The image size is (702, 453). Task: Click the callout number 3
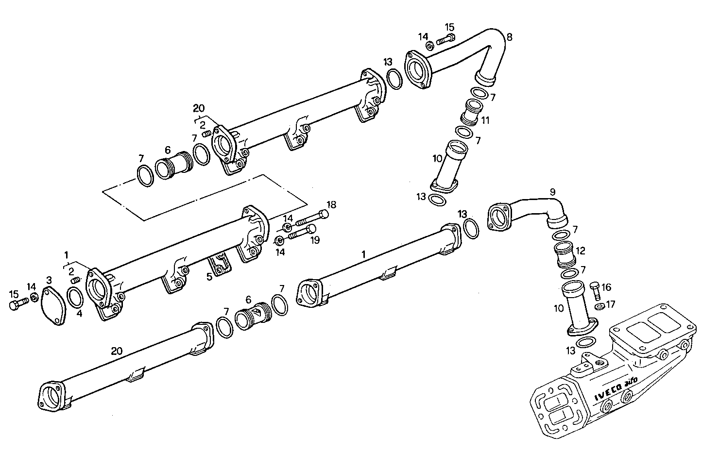coord(49,280)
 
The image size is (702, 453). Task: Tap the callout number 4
coord(79,313)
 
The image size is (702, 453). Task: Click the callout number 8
coord(509,36)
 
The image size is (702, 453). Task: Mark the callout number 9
coord(552,192)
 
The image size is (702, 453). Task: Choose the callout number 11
coord(485,119)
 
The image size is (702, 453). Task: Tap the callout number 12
coord(581,251)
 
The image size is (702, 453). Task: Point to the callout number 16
coord(606,287)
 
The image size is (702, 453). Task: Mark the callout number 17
coord(611,304)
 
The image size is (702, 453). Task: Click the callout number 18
coord(331,205)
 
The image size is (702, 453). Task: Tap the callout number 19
coord(314,239)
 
